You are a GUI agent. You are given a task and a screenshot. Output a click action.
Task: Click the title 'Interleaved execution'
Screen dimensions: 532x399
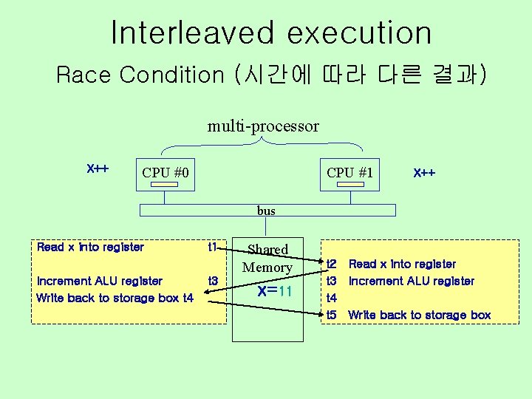click(271, 33)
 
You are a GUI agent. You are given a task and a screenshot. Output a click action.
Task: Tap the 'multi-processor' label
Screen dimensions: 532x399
click(263, 126)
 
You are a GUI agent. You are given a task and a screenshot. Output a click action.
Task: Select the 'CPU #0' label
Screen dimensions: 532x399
click(166, 173)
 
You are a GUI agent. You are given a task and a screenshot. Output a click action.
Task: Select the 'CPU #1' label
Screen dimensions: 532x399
click(350, 173)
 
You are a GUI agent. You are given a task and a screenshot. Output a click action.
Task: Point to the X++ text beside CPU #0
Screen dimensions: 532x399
click(98, 168)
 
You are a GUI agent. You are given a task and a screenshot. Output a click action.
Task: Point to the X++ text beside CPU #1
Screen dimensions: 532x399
click(424, 173)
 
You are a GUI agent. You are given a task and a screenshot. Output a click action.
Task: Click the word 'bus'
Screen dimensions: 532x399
click(266, 211)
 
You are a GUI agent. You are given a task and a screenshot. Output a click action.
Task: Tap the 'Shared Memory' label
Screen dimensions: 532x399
click(267, 258)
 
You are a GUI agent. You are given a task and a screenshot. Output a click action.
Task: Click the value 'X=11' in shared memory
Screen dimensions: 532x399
click(276, 291)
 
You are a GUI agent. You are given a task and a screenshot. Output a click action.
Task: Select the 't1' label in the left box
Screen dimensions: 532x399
click(213, 247)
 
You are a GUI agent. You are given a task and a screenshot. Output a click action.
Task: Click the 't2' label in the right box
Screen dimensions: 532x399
click(332, 264)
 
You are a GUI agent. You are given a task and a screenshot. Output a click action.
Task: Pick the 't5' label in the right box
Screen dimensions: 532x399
click(332, 315)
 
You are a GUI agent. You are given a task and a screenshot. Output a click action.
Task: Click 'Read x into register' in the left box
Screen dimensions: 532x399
click(90, 247)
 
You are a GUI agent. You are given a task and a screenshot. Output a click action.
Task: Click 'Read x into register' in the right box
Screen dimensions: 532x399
click(402, 264)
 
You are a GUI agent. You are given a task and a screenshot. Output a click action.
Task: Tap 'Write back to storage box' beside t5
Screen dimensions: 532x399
click(419, 315)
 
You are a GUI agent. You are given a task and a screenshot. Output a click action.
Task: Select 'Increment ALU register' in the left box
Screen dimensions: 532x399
click(100, 281)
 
